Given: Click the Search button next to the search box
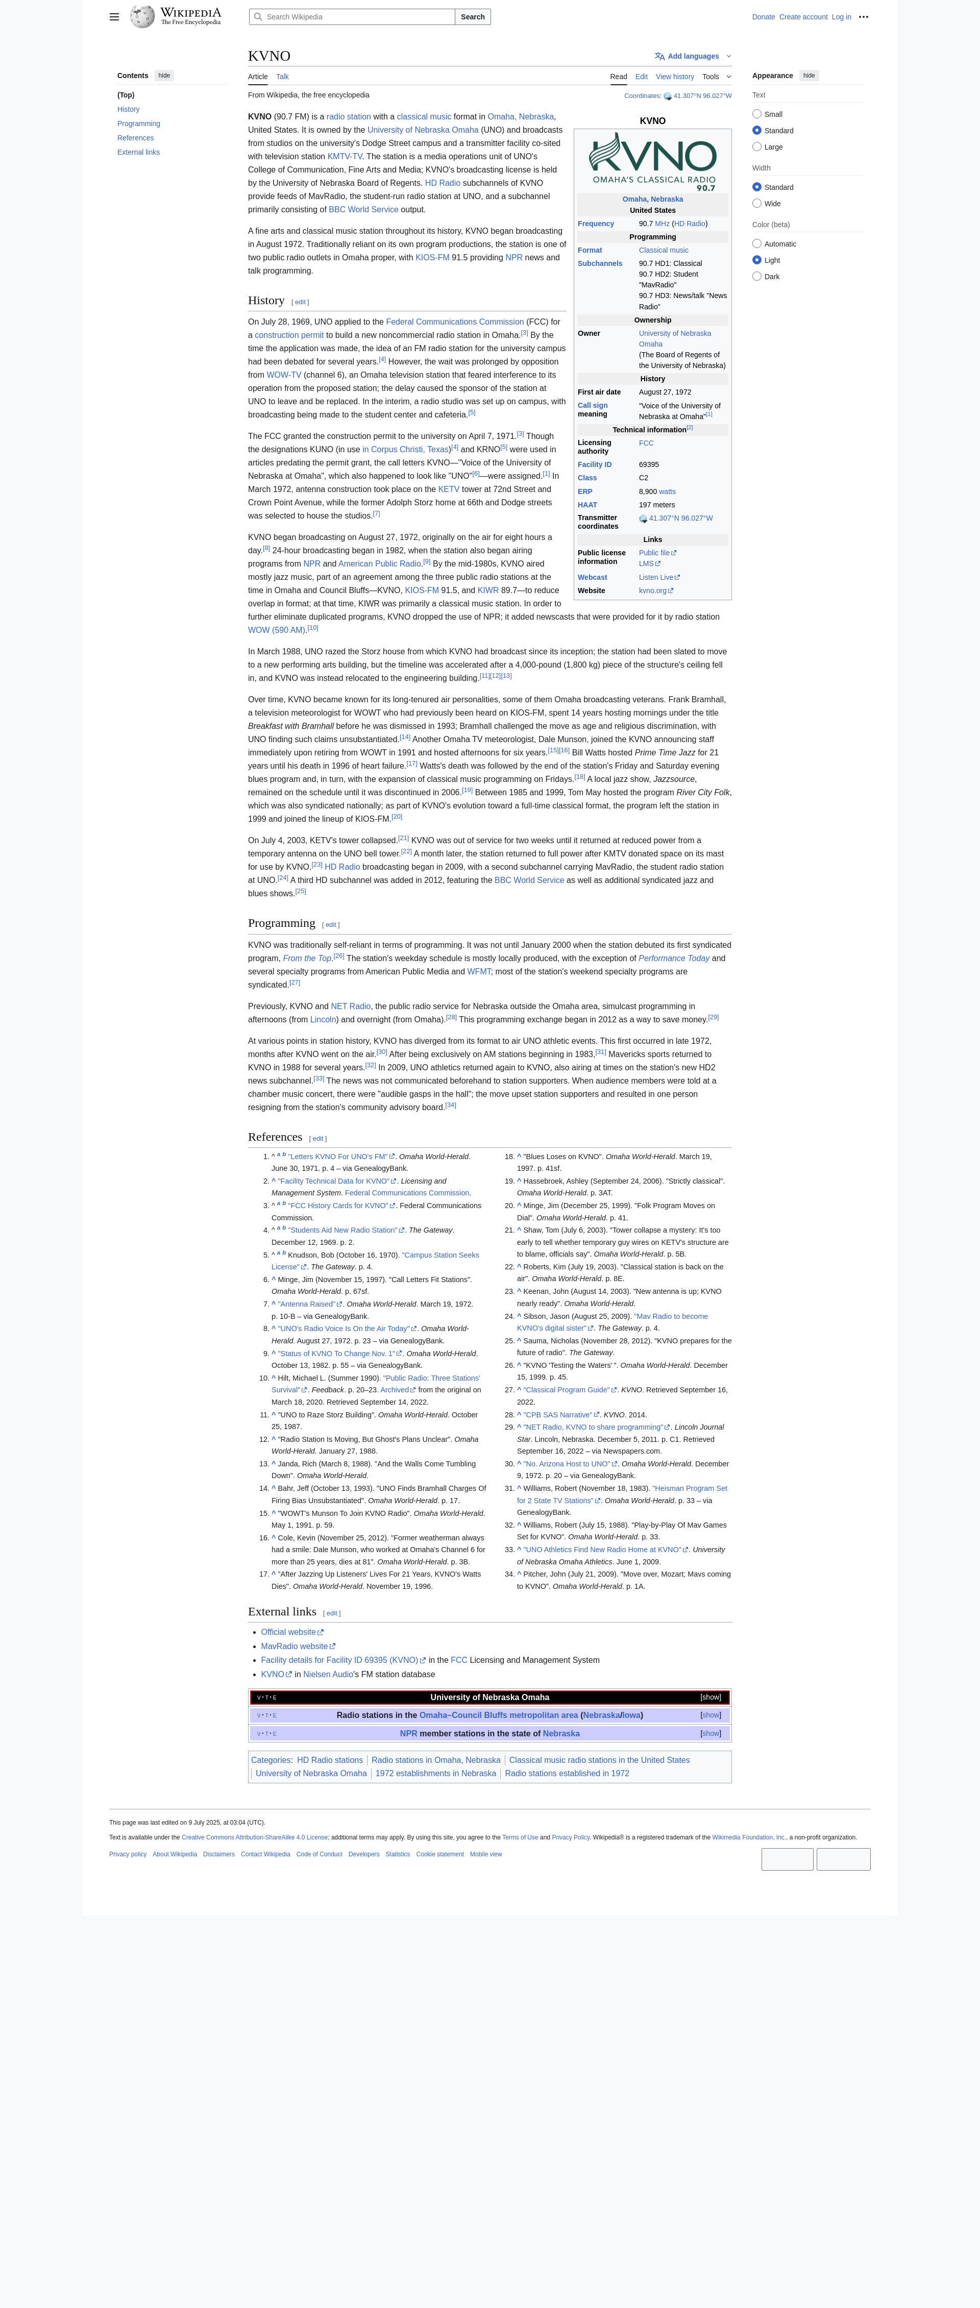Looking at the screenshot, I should (472, 17).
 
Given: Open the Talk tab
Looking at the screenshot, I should (282, 77).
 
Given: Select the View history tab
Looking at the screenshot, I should (675, 77).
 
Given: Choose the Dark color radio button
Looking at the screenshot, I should (757, 277).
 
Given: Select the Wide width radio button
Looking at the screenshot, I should (757, 203).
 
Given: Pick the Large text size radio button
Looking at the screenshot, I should (757, 147).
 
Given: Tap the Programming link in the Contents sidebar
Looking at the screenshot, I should (139, 124).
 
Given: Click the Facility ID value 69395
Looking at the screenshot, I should (649, 465).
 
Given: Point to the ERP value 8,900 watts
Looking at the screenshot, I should (657, 492).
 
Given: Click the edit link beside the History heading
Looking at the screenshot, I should (300, 302).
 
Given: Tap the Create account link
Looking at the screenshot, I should (803, 17).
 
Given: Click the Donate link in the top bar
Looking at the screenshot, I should (763, 17).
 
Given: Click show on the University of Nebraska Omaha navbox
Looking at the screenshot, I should (710, 1697).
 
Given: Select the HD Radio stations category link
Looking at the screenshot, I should (330, 1760).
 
